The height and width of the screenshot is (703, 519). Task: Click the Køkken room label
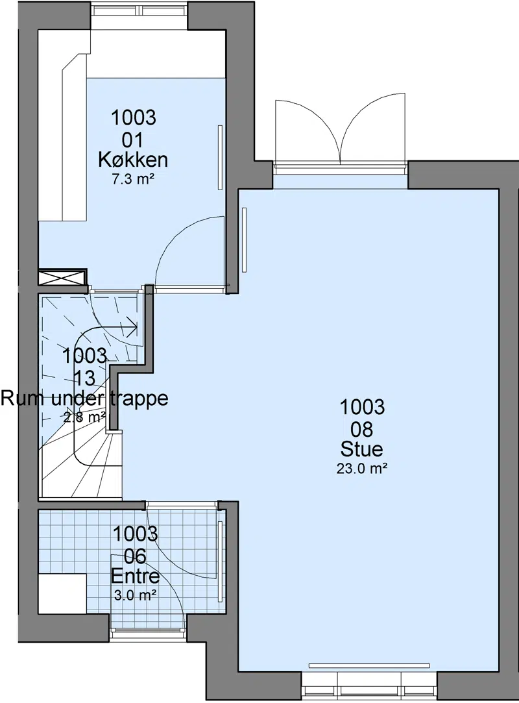[133, 160]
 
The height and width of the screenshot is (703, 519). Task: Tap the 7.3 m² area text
[133, 180]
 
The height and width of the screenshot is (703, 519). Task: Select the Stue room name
[362, 449]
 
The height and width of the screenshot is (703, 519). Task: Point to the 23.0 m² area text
[362, 469]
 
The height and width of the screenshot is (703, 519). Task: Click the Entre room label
[135, 576]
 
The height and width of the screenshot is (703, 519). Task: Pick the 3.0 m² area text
[135, 596]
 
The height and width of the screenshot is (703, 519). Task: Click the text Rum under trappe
[84, 398]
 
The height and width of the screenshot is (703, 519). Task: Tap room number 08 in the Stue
[362, 429]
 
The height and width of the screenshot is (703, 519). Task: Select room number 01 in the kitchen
[133, 140]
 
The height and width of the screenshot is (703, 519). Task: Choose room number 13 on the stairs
[85, 378]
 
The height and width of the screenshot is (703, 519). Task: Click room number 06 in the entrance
[135, 556]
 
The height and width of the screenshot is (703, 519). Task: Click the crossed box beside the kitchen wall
[62, 277]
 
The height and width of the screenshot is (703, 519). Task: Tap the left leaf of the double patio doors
[307, 131]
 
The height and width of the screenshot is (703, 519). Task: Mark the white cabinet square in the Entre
[62, 594]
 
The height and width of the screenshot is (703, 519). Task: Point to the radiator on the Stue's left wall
[245, 240]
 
